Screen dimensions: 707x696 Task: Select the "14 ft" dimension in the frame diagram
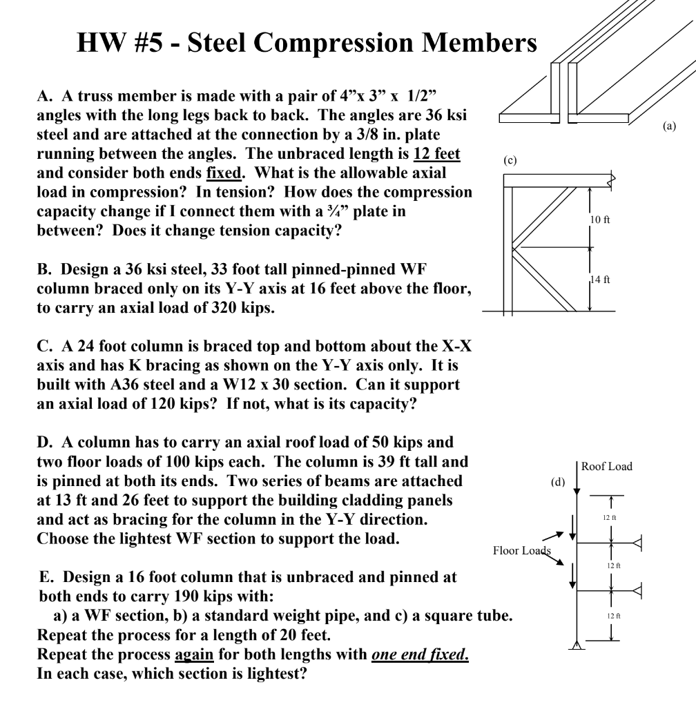(601, 280)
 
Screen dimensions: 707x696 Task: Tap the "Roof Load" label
(606, 467)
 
